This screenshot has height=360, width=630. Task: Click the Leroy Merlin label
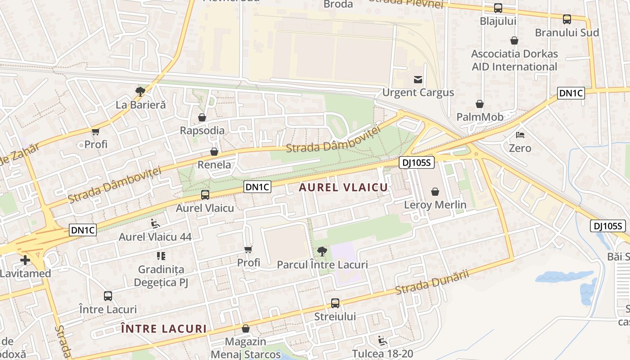pyautogui.click(x=435, y=205)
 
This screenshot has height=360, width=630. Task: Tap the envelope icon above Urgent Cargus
pyautogui.click(x=418, y=80)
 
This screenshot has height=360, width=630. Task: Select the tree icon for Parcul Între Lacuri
pyautogui.click(x=322, y=251)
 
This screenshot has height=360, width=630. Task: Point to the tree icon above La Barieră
pyautogui.click(x=140, y=92)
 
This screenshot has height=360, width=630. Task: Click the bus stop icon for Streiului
pyautogui.click(x=335, y=303)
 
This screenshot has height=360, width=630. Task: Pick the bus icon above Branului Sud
pyautogui.click(x=567, y=19)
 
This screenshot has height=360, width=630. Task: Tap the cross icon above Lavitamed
pyautogui.click(x=25, y=260)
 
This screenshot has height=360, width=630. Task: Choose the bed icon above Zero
pyautogui.click(x=520, y=135)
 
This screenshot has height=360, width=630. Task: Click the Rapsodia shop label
pyautogui.click(x=202, y=130)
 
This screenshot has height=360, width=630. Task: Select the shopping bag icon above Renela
pyautogui.click(x=214, y=152)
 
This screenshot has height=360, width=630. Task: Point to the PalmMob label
pyautogui.click(x=480, y=117)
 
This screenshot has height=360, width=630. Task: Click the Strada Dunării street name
pyautogui.click(x=432, y=282)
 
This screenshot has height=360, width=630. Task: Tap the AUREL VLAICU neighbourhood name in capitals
pyautogui.click(x=343, y=188)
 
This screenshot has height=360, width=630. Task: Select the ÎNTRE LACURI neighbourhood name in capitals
pyautogui.click(x=164, y=328)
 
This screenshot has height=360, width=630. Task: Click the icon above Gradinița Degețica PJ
pyautogui.click(x=161, y=256)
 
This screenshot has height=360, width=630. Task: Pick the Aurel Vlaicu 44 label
pyautogui.click(x=155, y=237)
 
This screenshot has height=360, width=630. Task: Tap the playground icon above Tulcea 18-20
pyautogui.click(x=382, y=341)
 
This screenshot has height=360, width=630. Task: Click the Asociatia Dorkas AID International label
pyautogui.click(x=514, y=60)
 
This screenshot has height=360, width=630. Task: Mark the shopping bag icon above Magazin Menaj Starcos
pyautogui.click(x=245, y=328)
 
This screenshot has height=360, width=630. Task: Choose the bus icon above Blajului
pyautogui.click(x=498, y=8)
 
